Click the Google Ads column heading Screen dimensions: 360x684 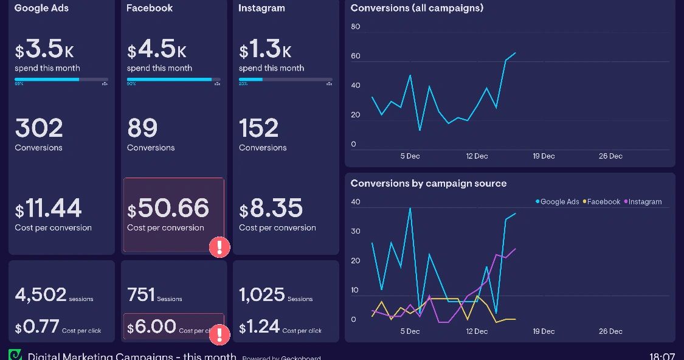41,8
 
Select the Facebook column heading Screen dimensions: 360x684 150,8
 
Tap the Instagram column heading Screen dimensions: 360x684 261,8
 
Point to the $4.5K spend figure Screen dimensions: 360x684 157,49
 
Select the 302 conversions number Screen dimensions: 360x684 39,128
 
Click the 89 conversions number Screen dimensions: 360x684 142,128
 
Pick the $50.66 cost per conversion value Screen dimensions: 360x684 168,209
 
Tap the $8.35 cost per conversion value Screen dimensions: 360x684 271,209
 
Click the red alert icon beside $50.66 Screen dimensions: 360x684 219,247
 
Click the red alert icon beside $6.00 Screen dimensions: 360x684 219,334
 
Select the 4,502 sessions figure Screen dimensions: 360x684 41,295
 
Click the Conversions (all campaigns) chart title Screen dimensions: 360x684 417,8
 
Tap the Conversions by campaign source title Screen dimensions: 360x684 429,183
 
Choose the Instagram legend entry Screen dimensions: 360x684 644,202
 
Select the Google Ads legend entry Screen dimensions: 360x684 558,202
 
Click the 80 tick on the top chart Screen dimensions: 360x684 356,27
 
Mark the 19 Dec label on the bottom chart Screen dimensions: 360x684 544,331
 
